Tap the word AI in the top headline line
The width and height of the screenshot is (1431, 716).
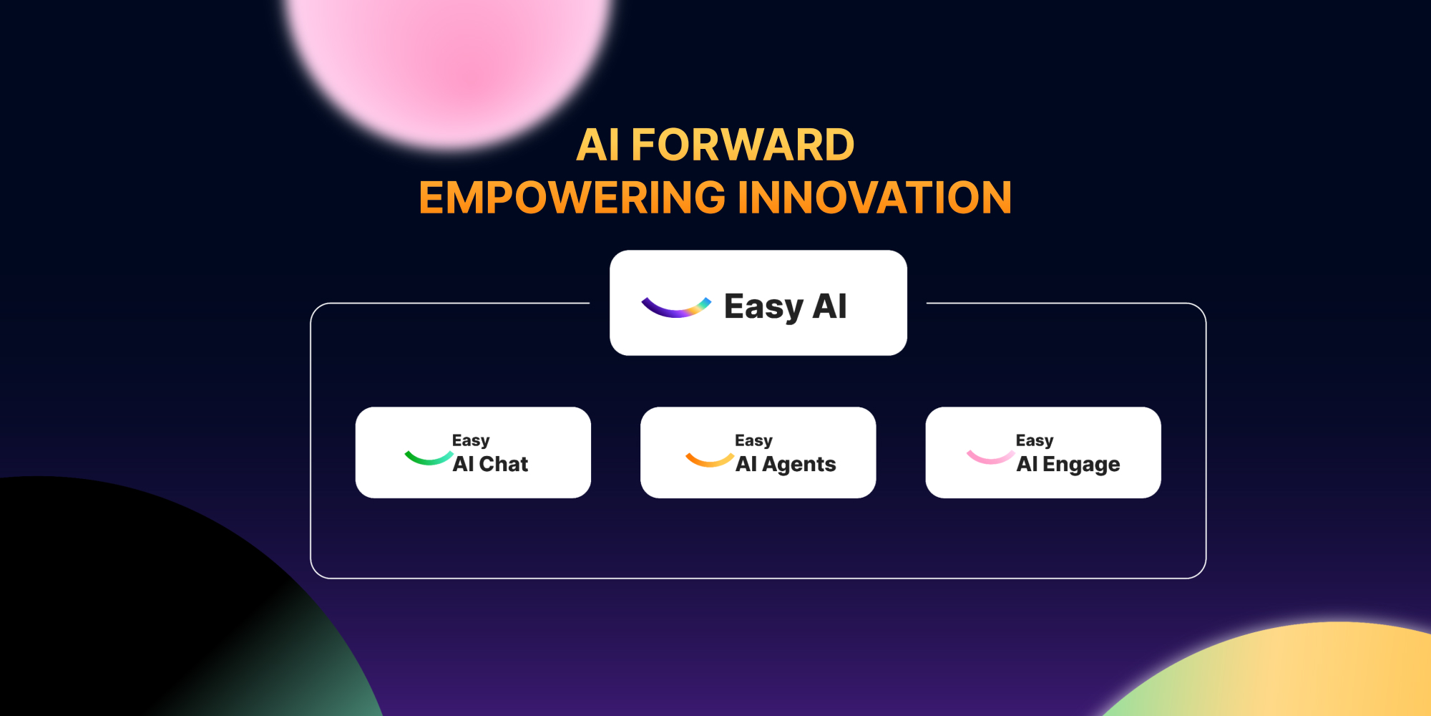[597, 145]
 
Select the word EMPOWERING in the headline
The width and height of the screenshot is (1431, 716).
[572, 198]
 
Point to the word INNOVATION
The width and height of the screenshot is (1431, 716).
[874, 198]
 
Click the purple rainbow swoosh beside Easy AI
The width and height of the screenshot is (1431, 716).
[675, 308]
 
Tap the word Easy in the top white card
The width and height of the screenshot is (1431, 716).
[763, 306]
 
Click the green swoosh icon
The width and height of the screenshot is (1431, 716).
[428, 458]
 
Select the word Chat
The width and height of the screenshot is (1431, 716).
[504, 464]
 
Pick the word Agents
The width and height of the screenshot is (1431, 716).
[798, 465]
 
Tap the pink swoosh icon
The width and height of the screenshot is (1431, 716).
[990, 457]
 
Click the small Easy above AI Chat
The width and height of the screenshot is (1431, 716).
[471, 440]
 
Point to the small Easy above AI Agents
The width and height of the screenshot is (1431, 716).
[753, 440]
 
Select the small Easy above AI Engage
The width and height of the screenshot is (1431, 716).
[1035, 440]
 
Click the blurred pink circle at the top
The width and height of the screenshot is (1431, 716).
[449, 57]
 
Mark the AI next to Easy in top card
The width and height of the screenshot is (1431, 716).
[830, 306]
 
